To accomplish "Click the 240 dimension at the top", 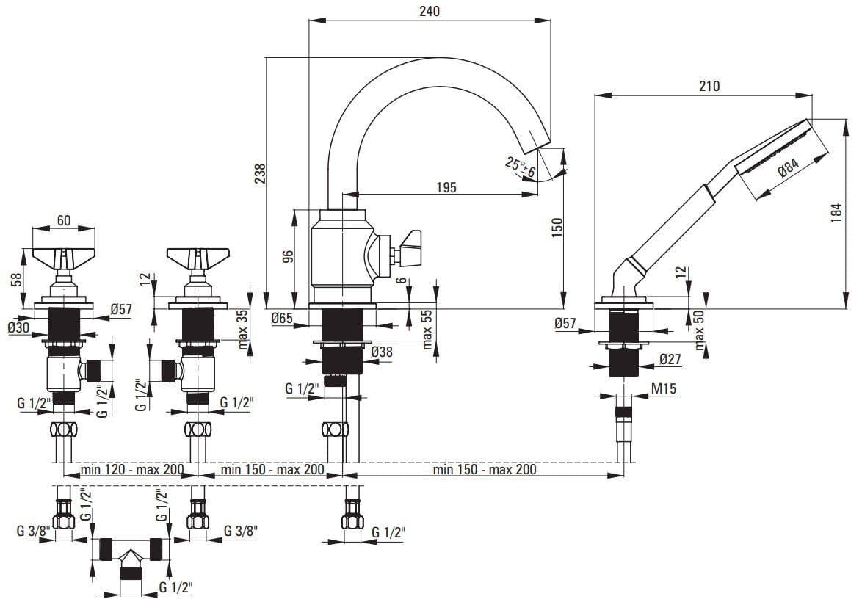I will click(x=430, y=11).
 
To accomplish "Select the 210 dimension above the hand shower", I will click(x=709, y=86).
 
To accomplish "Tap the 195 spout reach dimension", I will click(x=445, y=187).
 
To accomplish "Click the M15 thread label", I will click(x=663, y=389).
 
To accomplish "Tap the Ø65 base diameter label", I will click(x=283, y=319).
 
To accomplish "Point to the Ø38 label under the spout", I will click(x=382, y=352).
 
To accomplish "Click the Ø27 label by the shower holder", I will click(x=670, y=360).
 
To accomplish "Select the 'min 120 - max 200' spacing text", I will click(x=123, y=469).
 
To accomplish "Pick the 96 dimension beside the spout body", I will click(x=288, y=256).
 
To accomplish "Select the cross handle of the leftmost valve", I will click(x=65, y=258).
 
